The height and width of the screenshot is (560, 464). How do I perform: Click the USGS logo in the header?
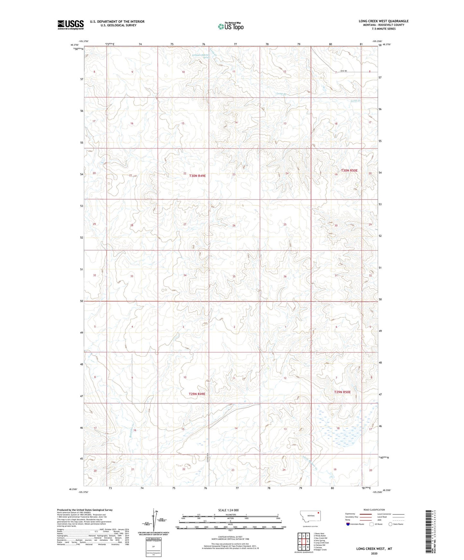click(x=70, y=25)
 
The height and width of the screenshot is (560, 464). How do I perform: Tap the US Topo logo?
click(x=230, y=26)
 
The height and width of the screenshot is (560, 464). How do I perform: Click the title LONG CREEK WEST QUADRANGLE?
click(x=383, y=21)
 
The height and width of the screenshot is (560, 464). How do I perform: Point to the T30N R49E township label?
click(x=197, y=176)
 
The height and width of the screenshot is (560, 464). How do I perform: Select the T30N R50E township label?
click(x=349, y=171)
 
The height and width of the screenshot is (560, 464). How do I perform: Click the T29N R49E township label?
click(x=197, y=394)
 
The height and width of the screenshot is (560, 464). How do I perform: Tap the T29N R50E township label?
click(x=342, y=392)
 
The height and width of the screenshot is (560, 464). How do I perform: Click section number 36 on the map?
click(x=285, y=276)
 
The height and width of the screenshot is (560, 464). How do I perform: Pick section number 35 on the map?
click(x=234, y=276)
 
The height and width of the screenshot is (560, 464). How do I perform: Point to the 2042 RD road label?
click(x=344, y=71)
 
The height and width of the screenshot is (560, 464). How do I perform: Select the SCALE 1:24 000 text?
click(x=228, y=510)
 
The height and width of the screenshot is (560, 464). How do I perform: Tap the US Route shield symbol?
click(x=372, y=524)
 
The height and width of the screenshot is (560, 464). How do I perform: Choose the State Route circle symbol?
click(x=390, y=524)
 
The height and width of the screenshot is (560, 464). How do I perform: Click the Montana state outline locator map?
click(x=310, y=516)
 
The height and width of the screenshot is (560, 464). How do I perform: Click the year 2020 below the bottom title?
click(x=374, y=553)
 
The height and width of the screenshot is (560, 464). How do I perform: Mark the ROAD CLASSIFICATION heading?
click(x=374, y=510)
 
